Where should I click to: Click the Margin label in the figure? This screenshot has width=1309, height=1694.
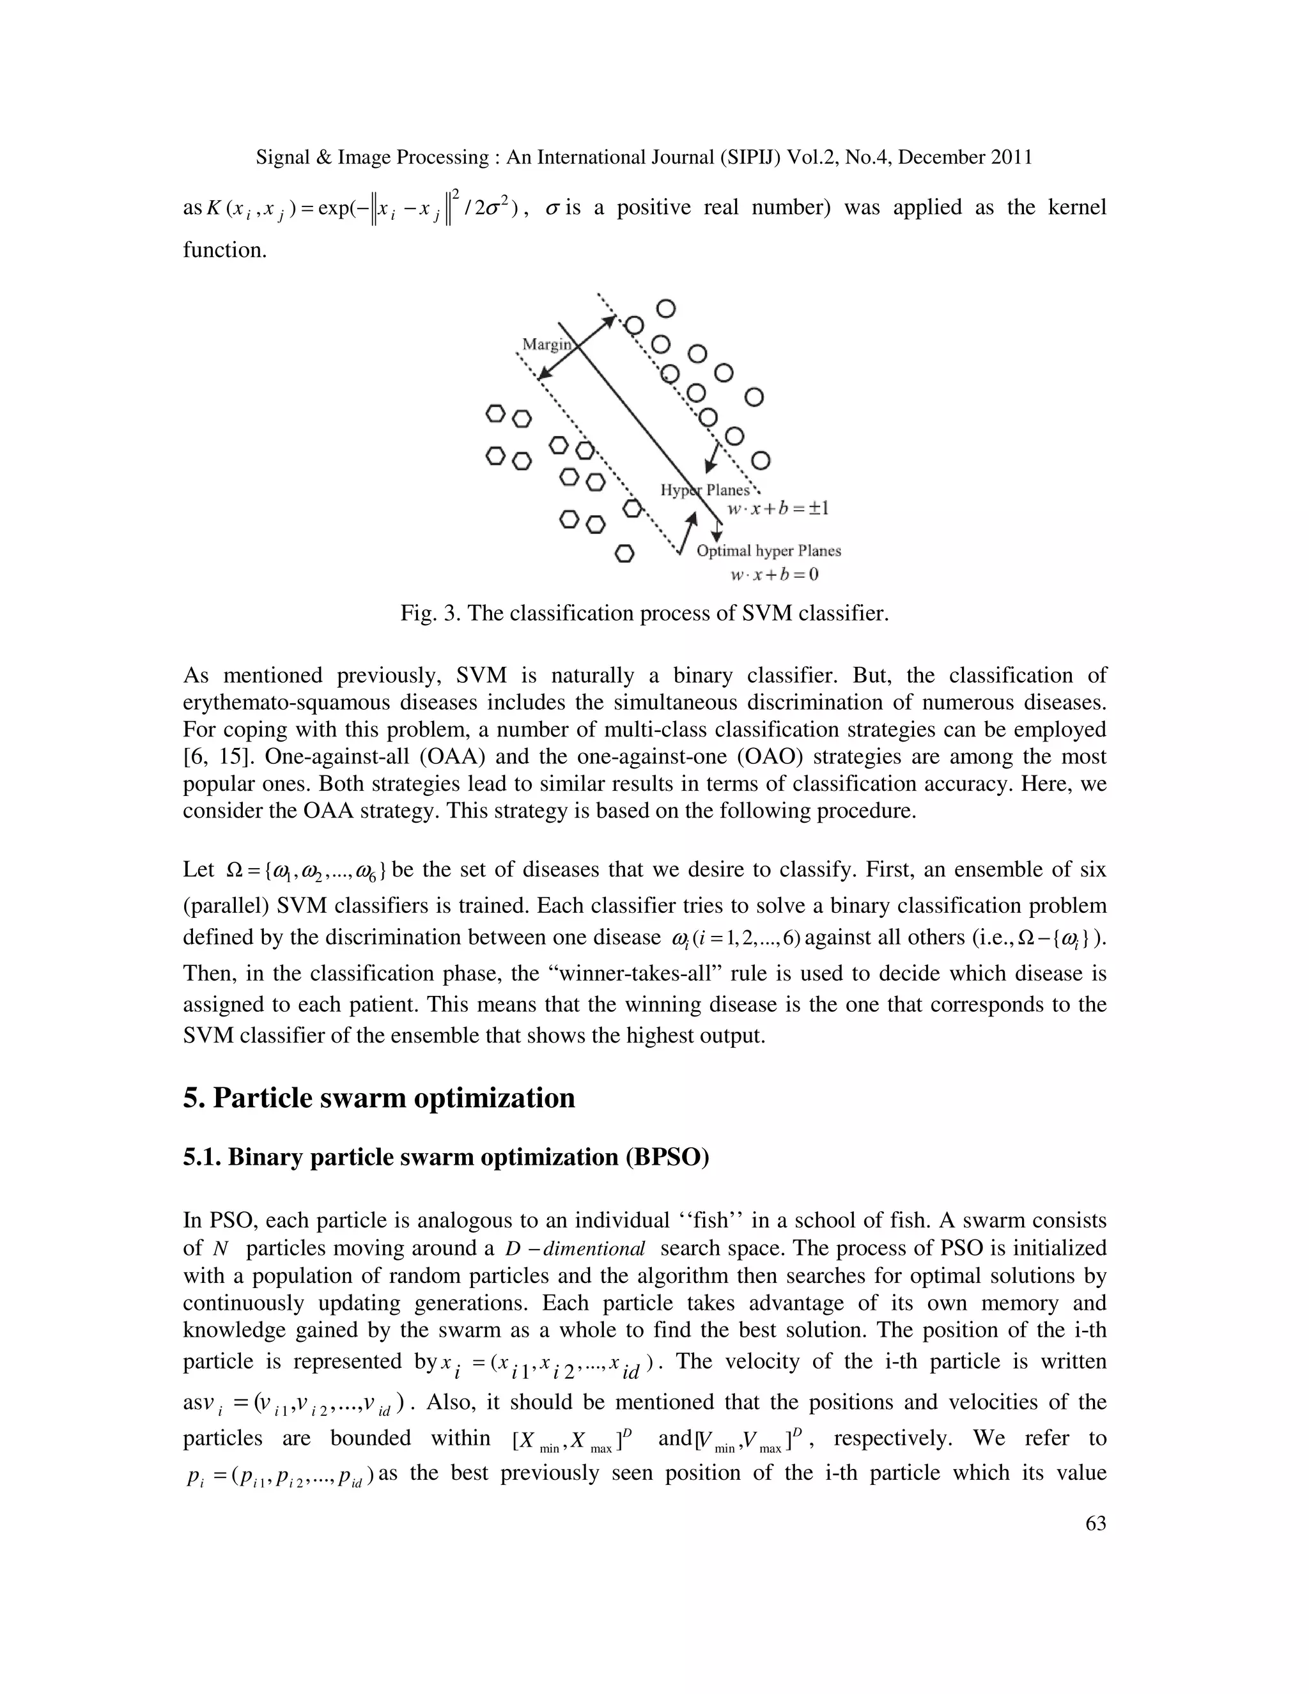546,344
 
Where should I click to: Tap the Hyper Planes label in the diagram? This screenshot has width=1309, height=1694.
705,490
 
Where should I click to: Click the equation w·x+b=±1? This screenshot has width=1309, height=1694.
778,509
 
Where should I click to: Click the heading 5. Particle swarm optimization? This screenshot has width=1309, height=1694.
378,1098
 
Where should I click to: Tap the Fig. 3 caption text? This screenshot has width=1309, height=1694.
644,614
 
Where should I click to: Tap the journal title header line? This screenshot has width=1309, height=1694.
644,157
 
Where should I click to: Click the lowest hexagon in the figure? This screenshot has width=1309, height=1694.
625,554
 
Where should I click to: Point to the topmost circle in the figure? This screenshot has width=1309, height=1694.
665,309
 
